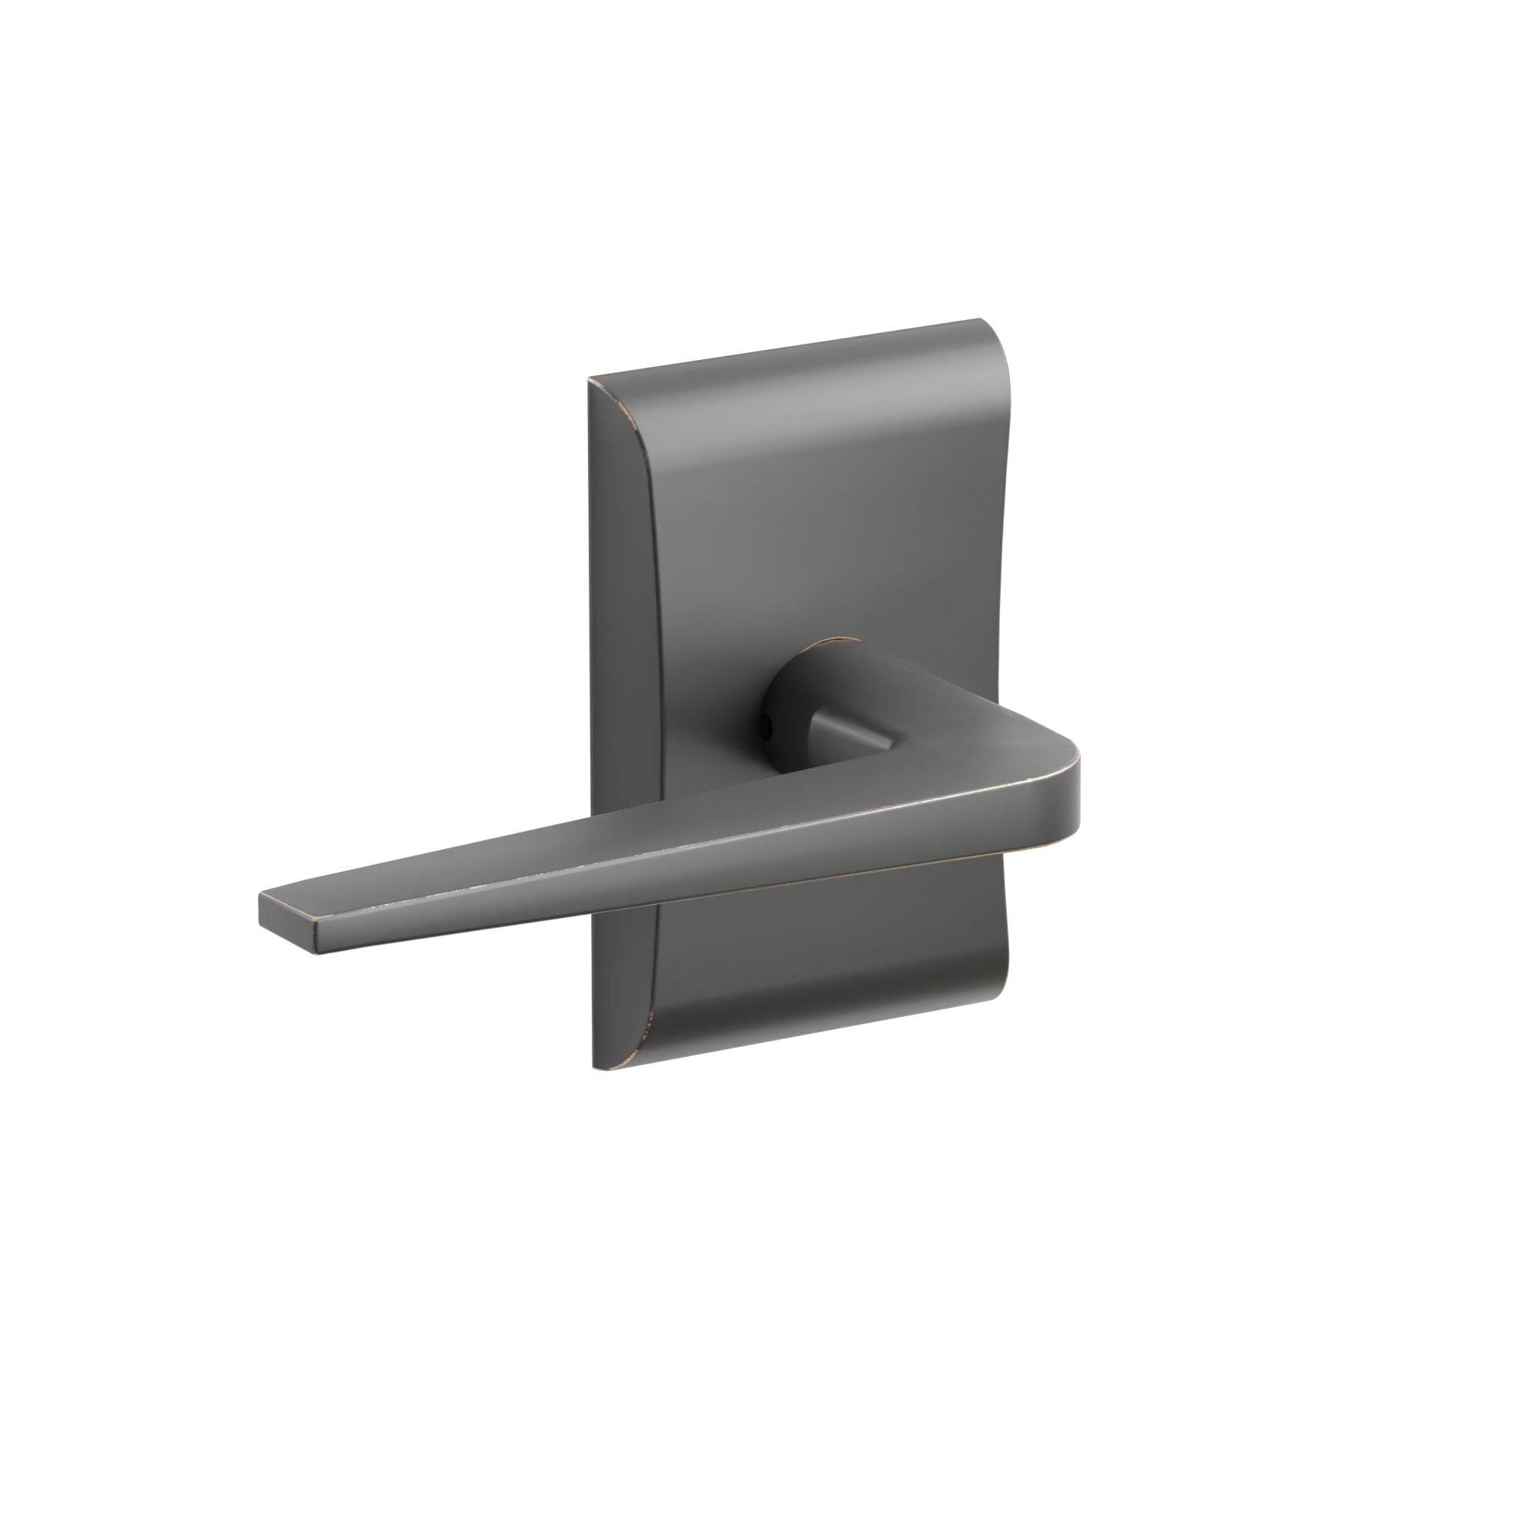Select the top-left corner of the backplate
point(589,381)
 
